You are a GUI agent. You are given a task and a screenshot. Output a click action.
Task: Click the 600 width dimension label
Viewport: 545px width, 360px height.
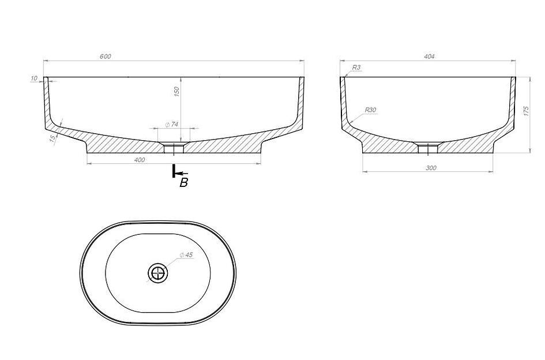106,57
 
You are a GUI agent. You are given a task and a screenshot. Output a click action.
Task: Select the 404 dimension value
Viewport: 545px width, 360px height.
429,57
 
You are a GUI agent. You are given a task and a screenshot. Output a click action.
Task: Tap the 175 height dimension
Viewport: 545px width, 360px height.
526,111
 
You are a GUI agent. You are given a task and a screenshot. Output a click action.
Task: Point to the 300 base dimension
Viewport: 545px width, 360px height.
431,168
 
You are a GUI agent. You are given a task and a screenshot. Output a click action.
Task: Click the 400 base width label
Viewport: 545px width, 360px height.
139,160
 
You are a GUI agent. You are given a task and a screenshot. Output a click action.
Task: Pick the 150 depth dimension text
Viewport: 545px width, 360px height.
176,92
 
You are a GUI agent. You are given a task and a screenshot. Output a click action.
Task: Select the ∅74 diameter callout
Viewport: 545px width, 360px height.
172,125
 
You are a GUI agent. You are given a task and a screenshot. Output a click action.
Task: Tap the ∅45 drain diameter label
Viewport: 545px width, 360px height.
186,255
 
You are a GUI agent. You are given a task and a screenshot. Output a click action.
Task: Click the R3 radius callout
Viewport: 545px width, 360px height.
356,67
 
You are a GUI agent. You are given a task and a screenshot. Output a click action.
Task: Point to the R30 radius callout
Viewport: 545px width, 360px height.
370,110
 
